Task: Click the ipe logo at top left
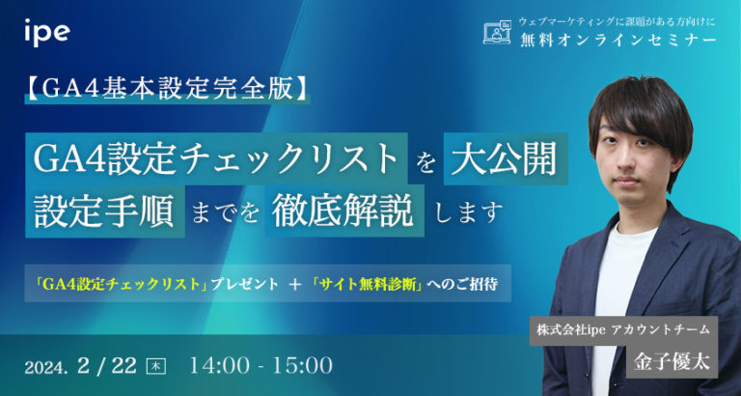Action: coord(47,34)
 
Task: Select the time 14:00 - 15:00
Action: coord(261,366)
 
